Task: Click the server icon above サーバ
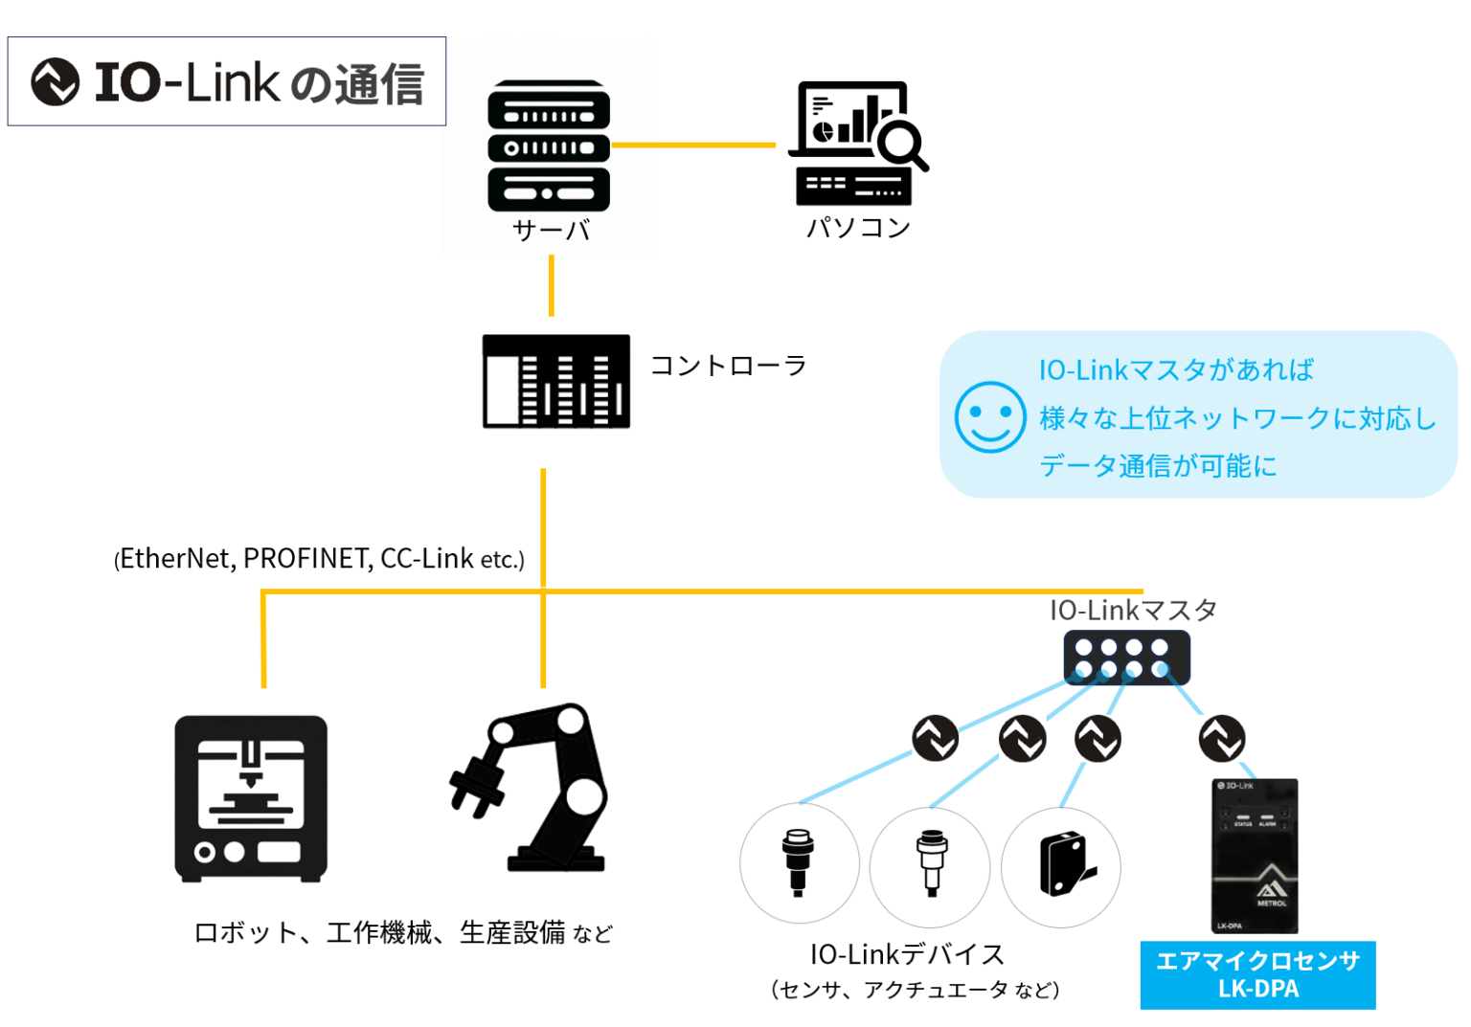pos(549,145)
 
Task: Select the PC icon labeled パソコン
pos(855,144)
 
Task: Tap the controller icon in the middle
pos(555,381)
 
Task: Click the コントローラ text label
pos(728,366)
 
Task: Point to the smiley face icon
pos(989,417)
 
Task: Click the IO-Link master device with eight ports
pos(1126,658)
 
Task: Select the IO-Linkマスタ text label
pos(1133,610)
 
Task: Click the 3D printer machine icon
pos(251,798)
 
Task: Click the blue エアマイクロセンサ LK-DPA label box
pos(1257,974)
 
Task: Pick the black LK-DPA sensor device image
pos(1256,856)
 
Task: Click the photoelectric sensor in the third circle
pos(1063,864)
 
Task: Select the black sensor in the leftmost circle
pos(798,861)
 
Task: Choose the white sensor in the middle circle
pos(931,862)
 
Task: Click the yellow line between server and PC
pos(693,145)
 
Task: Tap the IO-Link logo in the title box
pos(56,81)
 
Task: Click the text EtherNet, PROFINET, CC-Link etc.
pos(320,559)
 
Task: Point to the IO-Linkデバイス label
pos(907,954)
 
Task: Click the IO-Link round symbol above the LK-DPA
pos(1222,738)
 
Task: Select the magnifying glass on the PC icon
pos(902,145)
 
